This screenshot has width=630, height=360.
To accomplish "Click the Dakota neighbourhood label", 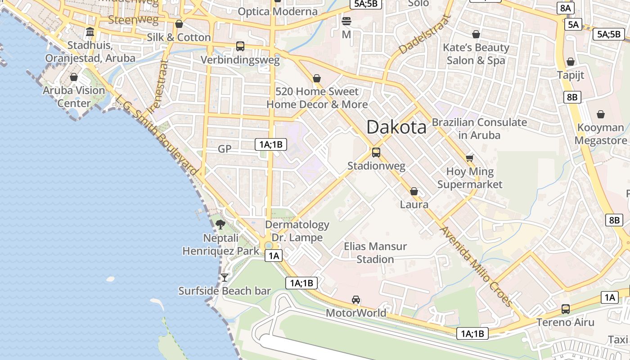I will coord(396,127).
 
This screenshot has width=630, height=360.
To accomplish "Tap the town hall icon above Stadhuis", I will coord(90,32).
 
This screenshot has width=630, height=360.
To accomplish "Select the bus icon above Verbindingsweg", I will coord(240,46).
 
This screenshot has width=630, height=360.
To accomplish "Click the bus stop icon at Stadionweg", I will coord(376,152).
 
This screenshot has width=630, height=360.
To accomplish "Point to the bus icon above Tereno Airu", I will coord(566,309).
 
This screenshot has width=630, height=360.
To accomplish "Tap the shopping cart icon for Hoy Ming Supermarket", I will coord(470,158).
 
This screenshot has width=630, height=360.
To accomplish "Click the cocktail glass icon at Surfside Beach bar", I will coord(225,277).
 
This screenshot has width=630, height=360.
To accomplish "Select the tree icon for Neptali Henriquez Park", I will coord(220,224).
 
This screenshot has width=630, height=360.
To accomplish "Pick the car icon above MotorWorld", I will coord(356,300).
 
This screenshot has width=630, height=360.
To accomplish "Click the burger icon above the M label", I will coord(346,21).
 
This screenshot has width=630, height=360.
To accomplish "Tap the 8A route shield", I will coord(566,8).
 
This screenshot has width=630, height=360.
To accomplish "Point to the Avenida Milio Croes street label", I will coord(476,266).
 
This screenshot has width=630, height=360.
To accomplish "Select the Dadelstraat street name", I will coord(424,34).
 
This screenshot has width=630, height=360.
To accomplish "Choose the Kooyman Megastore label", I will coord(601,134).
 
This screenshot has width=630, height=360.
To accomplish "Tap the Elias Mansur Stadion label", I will coord(375,252).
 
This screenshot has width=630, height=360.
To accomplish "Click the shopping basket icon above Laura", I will coord(414,192).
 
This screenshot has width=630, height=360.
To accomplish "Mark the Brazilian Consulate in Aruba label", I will coord(479,128).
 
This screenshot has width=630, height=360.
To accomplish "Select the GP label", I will coord(224,149).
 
